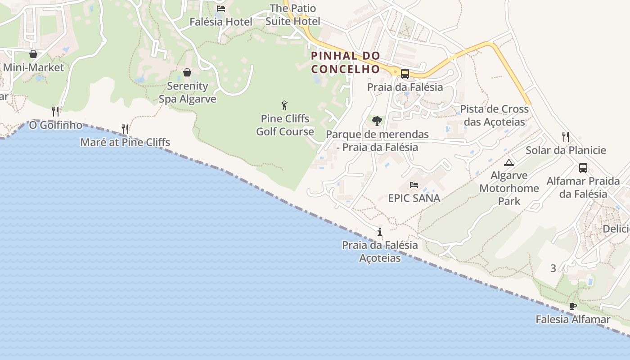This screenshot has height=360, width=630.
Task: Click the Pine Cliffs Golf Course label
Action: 285,125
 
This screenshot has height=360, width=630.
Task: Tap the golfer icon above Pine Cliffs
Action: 284,106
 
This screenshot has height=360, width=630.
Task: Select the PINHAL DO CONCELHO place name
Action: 346,63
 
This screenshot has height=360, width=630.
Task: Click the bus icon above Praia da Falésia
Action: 405,74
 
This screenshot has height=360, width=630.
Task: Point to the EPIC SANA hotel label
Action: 414,198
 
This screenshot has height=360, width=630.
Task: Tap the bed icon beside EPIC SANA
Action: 414,185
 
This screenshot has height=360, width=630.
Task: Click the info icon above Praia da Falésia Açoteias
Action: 380,232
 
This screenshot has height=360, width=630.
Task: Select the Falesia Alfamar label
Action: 572,319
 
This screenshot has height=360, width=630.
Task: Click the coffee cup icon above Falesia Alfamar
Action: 572,306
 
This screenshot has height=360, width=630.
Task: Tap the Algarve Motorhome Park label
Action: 509,188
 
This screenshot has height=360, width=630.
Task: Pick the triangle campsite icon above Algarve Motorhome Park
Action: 509,162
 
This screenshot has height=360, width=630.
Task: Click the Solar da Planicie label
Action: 566,150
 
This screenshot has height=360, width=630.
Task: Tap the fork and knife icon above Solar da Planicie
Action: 566,136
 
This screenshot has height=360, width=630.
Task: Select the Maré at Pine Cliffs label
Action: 125,143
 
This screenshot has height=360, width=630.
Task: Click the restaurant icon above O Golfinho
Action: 55,111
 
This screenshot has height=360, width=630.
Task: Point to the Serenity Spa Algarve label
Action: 187,92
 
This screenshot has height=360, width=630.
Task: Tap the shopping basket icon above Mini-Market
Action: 33,54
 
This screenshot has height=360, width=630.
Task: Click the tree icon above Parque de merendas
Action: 377,121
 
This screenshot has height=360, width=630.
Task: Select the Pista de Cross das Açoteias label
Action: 494,116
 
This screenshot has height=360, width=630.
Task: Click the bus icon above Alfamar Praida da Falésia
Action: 583,168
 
